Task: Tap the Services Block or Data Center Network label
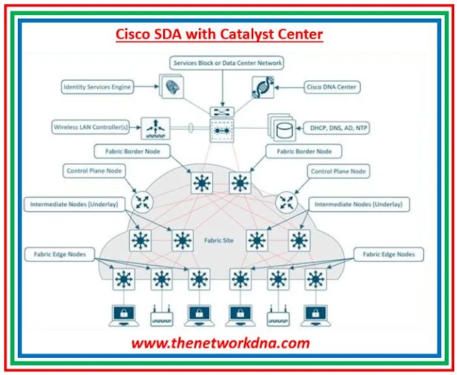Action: click(x=227, y=63)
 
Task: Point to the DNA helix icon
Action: click(x=261, y=88)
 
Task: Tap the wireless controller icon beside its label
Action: click(x=153, y=128)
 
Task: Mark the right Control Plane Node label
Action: click(x=338, y=172)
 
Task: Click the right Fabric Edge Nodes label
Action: click(x=388, y=254)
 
